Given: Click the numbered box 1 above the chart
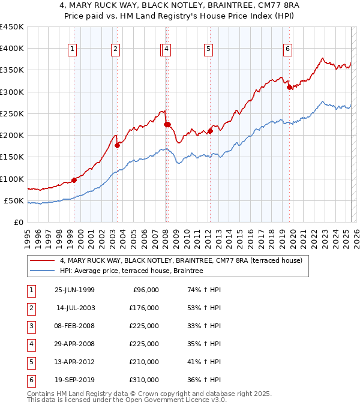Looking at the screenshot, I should pyautogui.click(x=72, y=49).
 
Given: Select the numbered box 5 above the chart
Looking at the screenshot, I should pyautogui.click(x=208, y=49).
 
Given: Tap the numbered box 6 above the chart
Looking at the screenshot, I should pyautogui.click(x=288, y=49).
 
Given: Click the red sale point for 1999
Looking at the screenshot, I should pyautogui.click(x=74, y=179).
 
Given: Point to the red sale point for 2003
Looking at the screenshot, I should pyautogui.click(x=118, y=145).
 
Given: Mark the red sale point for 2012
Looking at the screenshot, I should pyautogui.click(x=211, y=131).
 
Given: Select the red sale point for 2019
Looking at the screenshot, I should pyautogui.click(x=290, y=87).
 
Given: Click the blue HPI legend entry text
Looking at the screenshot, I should pyautogui.click(x=131, y=271).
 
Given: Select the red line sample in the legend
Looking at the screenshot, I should pyautogui.click(x=42, y=260).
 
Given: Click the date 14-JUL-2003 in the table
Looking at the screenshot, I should pyautogui.click(x=75, y=308).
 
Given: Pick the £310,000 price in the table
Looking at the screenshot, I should pyautogui.click(x=144, y=380).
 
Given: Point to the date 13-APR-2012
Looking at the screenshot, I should pyautogui.click(x=74, y=362).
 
